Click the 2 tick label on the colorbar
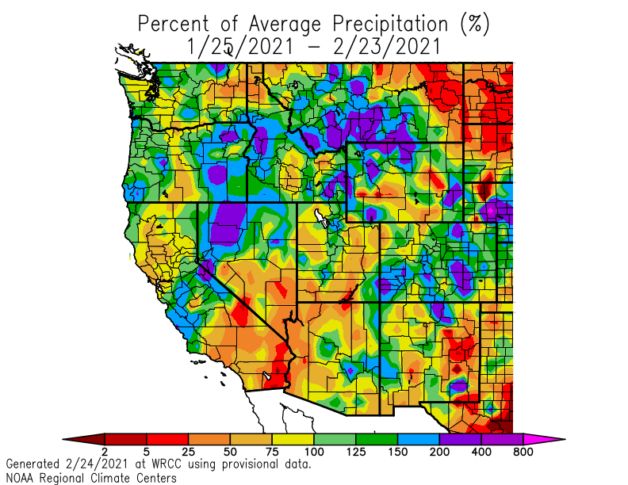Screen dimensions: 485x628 tap(104, 452)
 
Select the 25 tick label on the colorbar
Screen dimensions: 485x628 tap(188, 452)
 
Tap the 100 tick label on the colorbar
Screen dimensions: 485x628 tap(314, 452)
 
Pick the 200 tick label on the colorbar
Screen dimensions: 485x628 tap(439, 452)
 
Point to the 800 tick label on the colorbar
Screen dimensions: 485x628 tap(523, 452)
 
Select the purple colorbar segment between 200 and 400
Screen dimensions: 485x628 tap(461, 438)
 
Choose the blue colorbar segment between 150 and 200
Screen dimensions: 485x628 tap(419, 438)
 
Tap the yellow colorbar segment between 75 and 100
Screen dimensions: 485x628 tap(293, 438)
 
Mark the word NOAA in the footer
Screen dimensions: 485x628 tap(21, 478)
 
